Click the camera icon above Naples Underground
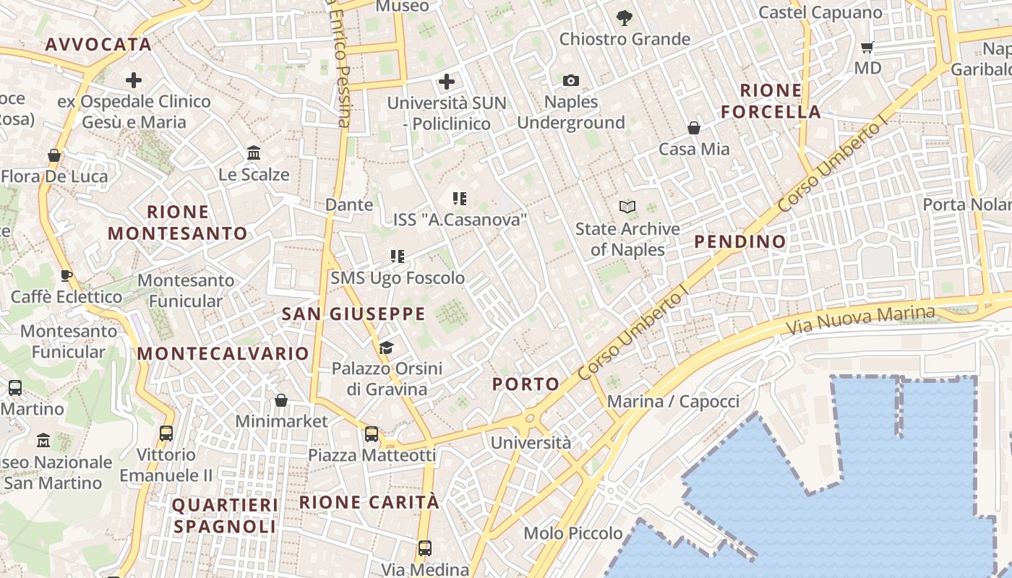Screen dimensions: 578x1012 coord(571,81)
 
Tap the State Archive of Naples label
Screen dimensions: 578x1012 coord(627,239)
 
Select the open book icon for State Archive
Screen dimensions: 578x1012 coord(627,207)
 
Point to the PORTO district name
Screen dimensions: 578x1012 coord(526,384)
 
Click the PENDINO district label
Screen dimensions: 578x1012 coord(740,242)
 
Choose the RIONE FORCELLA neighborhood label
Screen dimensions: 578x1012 coord(771,101)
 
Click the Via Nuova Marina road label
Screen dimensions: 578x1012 coord(860,322)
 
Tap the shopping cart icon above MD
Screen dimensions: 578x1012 coord(867,48)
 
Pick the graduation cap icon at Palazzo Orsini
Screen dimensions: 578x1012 coord(386,348)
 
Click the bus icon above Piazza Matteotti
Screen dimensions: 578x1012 coord(372,434)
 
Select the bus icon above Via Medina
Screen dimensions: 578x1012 coord(424,548)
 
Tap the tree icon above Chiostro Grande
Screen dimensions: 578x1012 coord(625,17)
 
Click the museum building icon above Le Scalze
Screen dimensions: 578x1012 coord(254,153)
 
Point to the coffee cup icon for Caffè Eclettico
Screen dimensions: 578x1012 coord(66,275)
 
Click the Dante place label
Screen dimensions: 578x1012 coord(349,205)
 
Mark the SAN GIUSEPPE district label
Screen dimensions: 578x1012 coord(353,314)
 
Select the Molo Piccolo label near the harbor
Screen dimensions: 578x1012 coord(573,533)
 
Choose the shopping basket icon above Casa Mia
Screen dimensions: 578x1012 coord(694,128)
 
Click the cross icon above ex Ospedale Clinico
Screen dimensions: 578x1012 coord(134,80)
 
